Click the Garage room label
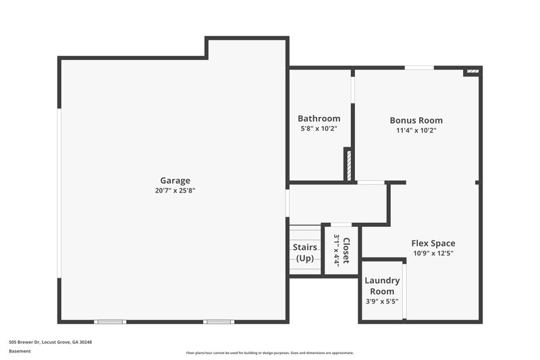tap(175, 180)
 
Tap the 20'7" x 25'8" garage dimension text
tap(175, 190)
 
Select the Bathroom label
tap(319, 118)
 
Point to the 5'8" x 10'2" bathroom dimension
tap(319, 128)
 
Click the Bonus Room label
tap(416, 120)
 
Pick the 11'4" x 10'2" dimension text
tap(416, 130)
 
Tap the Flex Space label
tap(433, 243)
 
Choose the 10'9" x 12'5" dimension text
tap(433, 253)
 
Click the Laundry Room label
tap(382, 286)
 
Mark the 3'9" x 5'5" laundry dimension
tap(382, 301)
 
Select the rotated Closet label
tap(346, 251)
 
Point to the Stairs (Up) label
tap(305, 253)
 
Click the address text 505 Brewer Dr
tap(51, 342)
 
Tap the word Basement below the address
tap(20, 351)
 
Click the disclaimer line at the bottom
tap(270, 353)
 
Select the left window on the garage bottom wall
tap(109, 322)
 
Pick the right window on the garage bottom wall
tap(219, 322)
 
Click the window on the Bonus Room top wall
tap(419, 67)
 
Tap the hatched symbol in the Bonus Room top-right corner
tap(473, 70)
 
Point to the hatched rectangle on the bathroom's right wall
tap(348, 164)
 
